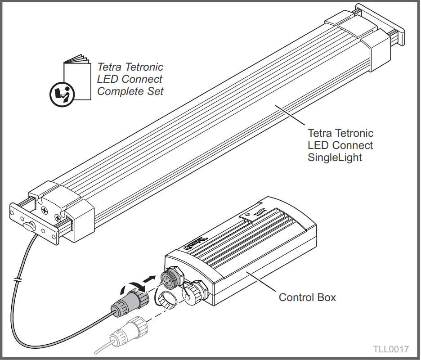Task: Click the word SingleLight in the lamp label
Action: pos(335,158)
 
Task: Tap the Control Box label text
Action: pos(307,297)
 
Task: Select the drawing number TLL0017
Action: pos(390,349)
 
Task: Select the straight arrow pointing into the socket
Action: pos(150,280)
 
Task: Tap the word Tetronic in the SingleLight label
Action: pos(355,134)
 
